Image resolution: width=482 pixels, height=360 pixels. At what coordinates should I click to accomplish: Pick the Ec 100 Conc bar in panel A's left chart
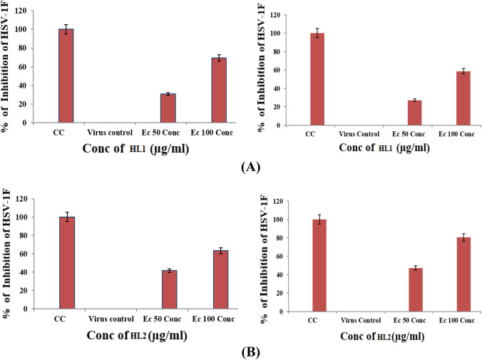(219, 90)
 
